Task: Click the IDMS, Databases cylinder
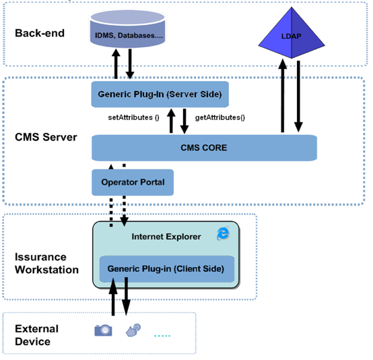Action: [x=128, y=29]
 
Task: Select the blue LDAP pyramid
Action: [x=292, y=33]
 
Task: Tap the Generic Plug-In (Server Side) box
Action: [x=160, y=94]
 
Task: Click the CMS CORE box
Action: [x=204, y=148]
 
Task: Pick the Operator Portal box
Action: [x=133, y=182]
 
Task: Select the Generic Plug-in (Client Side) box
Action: [x=167, y=269]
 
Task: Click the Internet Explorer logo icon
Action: [x=223, y=233]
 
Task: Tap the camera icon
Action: [x=103, y=330]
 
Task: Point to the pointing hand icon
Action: [x=133, y=330]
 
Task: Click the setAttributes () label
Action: [x=134, y=117]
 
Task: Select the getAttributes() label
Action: [x=220, y=117]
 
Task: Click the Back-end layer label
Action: [x=40, y=33]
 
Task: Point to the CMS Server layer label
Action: [x=46, y=138]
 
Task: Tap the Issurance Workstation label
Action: [x=46, y=264]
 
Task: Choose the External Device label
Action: [x=36, y=335]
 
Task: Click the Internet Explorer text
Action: [x=166, y=237]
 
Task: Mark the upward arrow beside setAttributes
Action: [x=171, y=121]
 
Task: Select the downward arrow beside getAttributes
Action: [x=184, y=121]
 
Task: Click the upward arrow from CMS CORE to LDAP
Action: [x=283, y=96]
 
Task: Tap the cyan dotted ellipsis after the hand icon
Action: [x=162, y=336]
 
